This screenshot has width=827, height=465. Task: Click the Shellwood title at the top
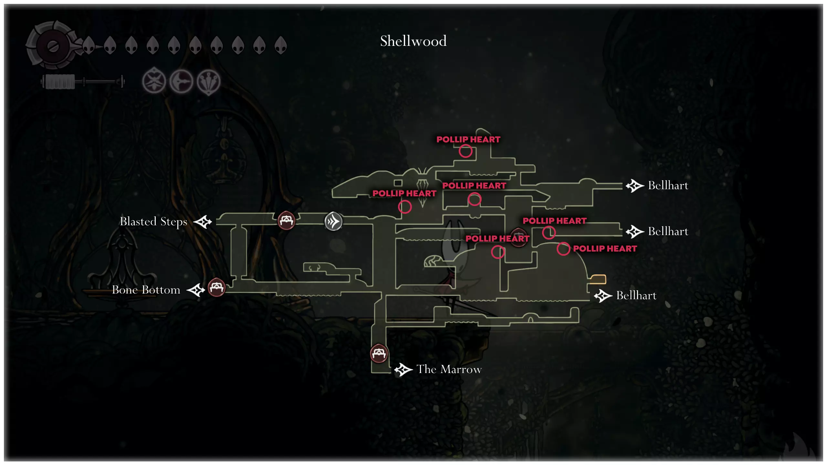tap(413, 41)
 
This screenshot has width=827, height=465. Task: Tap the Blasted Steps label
tap(153, 222)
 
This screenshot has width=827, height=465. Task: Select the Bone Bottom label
tap(146, 290)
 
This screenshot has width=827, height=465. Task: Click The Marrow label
tap(449, 369)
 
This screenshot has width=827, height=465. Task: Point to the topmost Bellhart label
tap(668, 186)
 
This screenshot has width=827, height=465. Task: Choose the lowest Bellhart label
tap(636, 295)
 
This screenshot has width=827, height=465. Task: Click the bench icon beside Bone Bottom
tap(216, 287)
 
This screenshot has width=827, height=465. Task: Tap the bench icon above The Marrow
tap(379, 354)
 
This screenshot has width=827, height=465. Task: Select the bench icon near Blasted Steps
tap(286, 220)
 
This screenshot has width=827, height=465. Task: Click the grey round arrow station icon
tap(333, 222)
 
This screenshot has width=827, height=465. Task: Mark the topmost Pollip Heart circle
tap(466, 151)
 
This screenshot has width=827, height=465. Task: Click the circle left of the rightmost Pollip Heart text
tap(563, 249)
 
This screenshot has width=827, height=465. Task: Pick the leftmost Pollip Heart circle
tap(405, 207)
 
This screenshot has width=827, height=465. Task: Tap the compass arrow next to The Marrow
tap(403, 369)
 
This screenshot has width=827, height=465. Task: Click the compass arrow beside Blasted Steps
tap(203, 222)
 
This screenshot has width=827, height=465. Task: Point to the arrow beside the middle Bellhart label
tap(634, 232)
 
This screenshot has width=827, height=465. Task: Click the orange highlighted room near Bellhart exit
tap(598, 279)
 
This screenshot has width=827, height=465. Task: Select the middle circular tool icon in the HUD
tap(181, 81)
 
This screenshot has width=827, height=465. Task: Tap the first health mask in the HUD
tap(89, 45)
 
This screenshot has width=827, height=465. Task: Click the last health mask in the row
tap(280, 45)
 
